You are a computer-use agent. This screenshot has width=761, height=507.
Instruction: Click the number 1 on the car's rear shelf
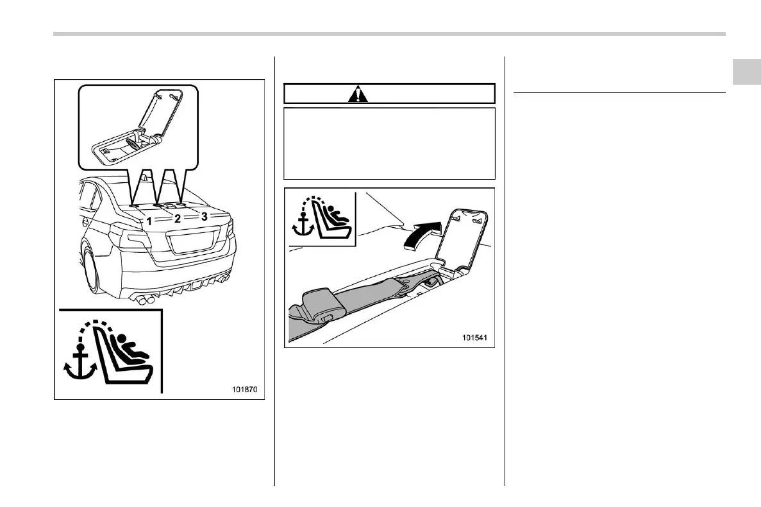coord(148,220)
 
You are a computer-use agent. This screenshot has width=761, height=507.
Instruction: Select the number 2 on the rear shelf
coord(178,218)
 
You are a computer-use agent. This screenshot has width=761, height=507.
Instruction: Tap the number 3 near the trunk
coord(205,216)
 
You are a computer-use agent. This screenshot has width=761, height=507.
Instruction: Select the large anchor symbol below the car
coord(79,363)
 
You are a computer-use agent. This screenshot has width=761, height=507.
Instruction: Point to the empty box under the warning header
coord(389,143)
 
